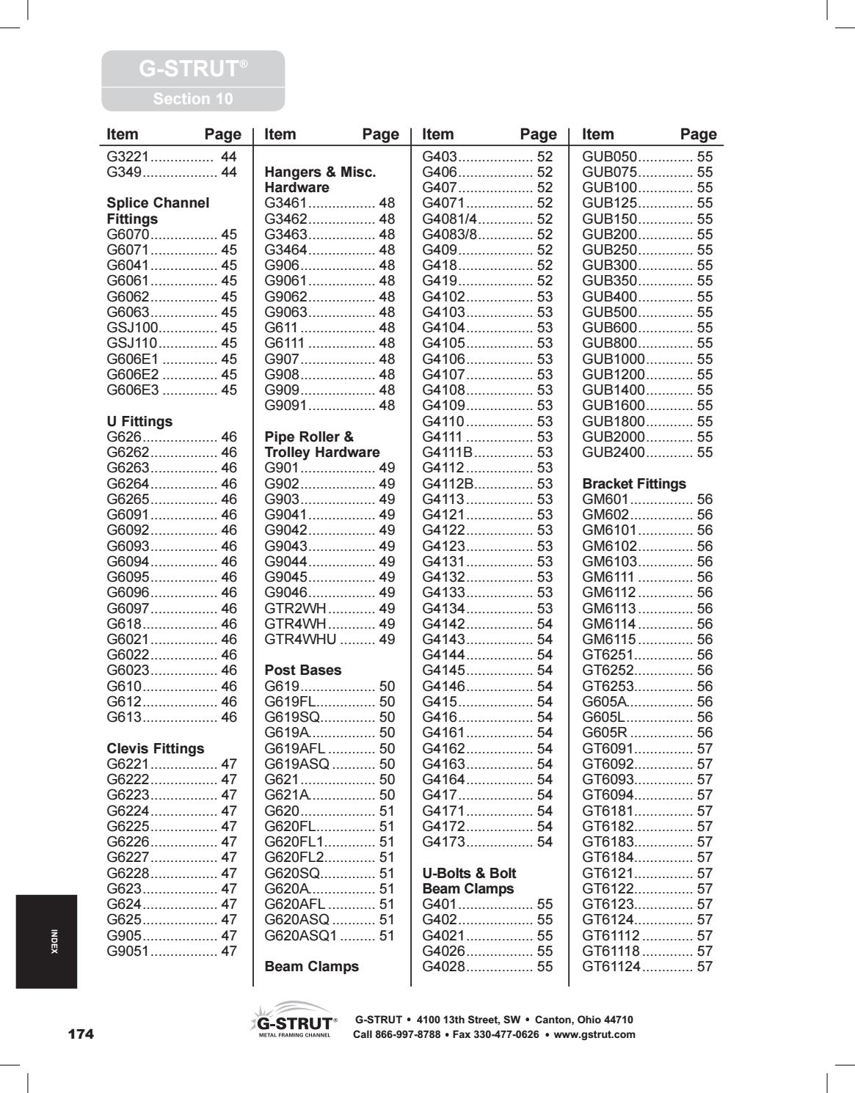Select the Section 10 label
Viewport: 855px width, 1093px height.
(x=192, y=99)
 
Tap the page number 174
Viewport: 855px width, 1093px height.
(x=81, y=1034)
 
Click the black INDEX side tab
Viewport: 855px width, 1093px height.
(x=46, y=941)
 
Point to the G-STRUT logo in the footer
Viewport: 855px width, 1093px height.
(x=294, y=1020)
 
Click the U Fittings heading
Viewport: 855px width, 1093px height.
(x=139, y=421)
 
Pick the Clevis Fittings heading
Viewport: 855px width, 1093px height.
(x=156, y=748)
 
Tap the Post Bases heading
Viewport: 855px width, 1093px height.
(x=302, y=670)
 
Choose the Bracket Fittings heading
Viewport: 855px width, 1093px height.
(x=633, y=483)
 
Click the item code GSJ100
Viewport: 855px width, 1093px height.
(x=133, y=327)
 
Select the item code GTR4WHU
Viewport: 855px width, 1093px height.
(x=300, y=639)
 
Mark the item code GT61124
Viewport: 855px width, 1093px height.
(x=611, y=966)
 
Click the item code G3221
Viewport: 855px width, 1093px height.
(x=128, y=156)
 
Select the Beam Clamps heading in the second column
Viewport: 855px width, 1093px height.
(x=311, y=966)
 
